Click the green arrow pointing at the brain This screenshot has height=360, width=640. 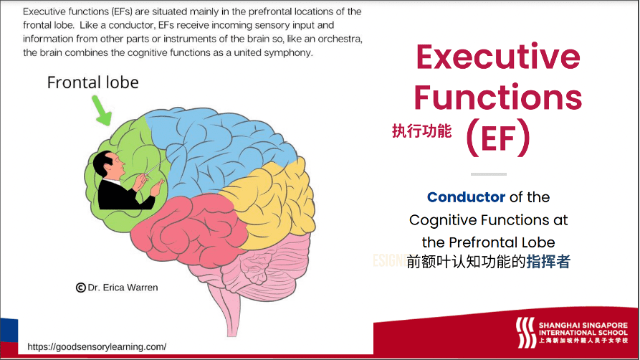point(101,110)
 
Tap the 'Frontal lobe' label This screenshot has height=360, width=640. point(92,82)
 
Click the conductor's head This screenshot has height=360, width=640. point(108,164)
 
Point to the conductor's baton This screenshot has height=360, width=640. point(155,166)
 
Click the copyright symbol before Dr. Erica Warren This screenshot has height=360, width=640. point(80,288)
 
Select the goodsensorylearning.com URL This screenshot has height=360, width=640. point(97,347)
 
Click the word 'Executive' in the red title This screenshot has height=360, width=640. point(498,57)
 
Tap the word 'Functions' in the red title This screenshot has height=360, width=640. point(498,98)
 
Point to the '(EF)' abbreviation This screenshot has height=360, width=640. point(498,138)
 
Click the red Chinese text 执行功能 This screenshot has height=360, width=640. point(422,131)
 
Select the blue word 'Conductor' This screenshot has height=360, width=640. point(466,197)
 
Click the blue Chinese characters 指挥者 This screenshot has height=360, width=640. point(548,262)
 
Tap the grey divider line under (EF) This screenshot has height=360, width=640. point(489,174)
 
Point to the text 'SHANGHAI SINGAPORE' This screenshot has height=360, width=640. point(583,326)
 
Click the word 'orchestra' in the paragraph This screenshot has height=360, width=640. point(340,39)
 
